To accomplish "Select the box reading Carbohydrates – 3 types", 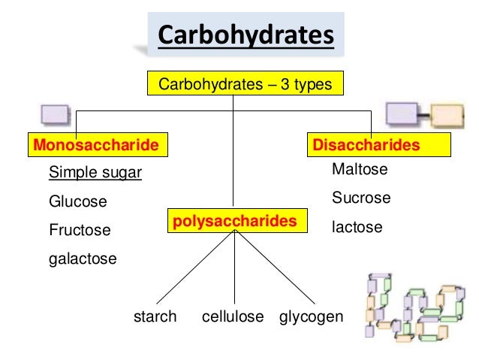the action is [245, 84].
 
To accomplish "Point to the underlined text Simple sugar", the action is [95, 174].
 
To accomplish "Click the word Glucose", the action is [78, 202].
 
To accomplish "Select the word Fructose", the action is [80, 230].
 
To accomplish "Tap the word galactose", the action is [83, 259].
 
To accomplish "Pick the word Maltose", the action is [360, 170].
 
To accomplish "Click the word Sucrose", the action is [361, 198].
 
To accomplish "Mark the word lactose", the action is [357, 226].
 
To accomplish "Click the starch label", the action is [155, 317].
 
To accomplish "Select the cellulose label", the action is [233, 317].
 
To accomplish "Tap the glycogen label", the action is [312, 317].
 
